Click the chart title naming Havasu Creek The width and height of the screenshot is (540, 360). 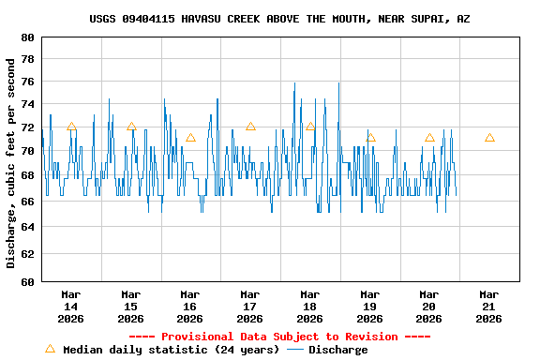tap(279, 19)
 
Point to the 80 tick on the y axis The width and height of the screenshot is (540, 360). tap(25, 37)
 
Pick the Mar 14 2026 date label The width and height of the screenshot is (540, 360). tap(71, 306)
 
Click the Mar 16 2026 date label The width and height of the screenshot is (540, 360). tap(190, 306)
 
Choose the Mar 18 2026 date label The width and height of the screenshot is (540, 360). tap(310, 306)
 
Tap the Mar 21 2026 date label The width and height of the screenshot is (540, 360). tap(489, 306)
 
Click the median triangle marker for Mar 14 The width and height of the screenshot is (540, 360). tap(71, 127)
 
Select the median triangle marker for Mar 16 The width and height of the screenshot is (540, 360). tap(190, 138)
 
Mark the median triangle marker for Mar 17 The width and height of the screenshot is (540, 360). tap(250, 127)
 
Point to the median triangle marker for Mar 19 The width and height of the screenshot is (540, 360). tap(370, 138)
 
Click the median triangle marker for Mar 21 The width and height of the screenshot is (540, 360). tap(489, 138)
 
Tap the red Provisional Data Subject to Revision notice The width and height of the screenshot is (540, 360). tap(279, 337)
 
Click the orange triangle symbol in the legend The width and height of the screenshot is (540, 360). tap(50, 349)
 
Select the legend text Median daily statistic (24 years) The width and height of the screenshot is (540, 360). tap(171, 350)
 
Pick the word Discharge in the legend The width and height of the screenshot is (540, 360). tap(338, 350)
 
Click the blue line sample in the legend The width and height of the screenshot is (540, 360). tap(295, 350)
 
